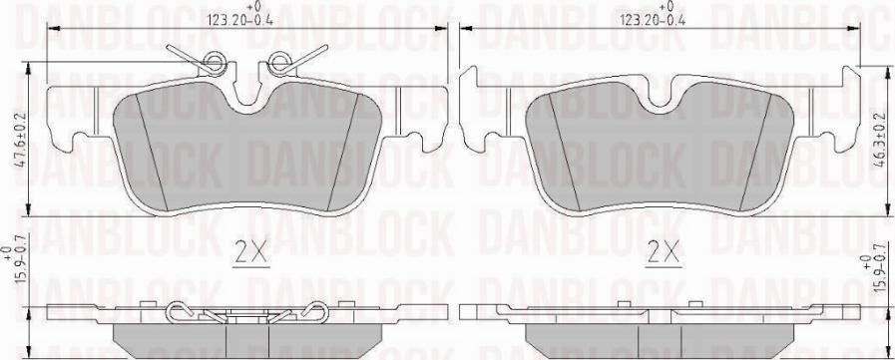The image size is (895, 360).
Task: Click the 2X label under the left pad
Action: [252, 253]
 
